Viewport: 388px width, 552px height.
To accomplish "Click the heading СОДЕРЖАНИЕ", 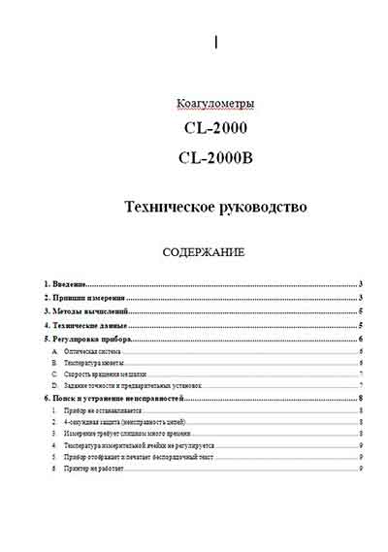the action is [204, 252].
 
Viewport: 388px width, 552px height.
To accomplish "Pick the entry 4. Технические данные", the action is [86, 327].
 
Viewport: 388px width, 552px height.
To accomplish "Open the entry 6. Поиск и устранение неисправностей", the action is [114, 398].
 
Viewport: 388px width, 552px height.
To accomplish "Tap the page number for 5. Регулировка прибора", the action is [360, 341].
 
